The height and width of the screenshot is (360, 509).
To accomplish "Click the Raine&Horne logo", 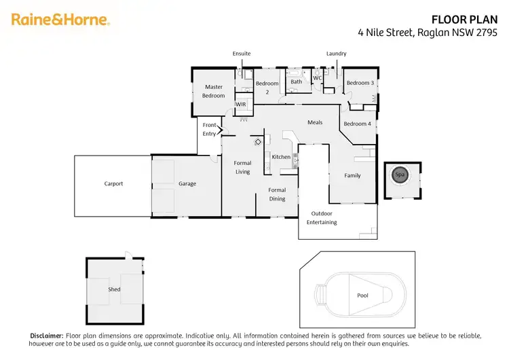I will pyautogui.click(x=60, y=20).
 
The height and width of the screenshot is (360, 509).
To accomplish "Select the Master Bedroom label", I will pyautogui.click(x=214, y=91).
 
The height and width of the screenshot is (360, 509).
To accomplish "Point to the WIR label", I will pyautogui.click(x=241, y=105).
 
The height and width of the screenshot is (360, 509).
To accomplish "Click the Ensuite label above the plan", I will pyautogui.click(x=242, y=53).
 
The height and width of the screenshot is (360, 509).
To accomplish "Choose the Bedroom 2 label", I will pyautogui.click(x=267, y=88).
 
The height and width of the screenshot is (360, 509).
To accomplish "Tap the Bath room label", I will pyautogui.click(x=297, y=82).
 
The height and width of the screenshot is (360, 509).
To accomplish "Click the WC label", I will pyautogui.click(x=317, y=78).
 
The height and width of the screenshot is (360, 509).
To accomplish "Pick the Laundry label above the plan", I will pyautogui.click(x=336, y=53).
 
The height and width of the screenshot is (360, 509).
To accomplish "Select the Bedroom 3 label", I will pyautogui.click(x=360, y=83).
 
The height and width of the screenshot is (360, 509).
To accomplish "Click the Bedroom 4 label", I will pyautogui.click(x=357, y=124).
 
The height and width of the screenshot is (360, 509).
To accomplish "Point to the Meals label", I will pyautogui.click(x=315, y=122).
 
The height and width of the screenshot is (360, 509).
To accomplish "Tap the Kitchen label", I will pyautogui.click(x=281, y=157).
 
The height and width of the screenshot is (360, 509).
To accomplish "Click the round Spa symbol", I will pyautogui.click(x=399, y=175).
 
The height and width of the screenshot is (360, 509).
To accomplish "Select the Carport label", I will pyautogui.click(x=113, y=183).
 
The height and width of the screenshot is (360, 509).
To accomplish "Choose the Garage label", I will pyautogui.click(x=187, y=183).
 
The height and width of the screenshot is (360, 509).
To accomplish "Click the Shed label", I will pyautogui.click(x=114, y=289).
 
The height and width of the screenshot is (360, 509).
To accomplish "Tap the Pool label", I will pyautogui.click(x=362, y=295).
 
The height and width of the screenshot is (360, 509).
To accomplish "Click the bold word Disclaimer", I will pyautogui.click(x=46, y=336).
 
